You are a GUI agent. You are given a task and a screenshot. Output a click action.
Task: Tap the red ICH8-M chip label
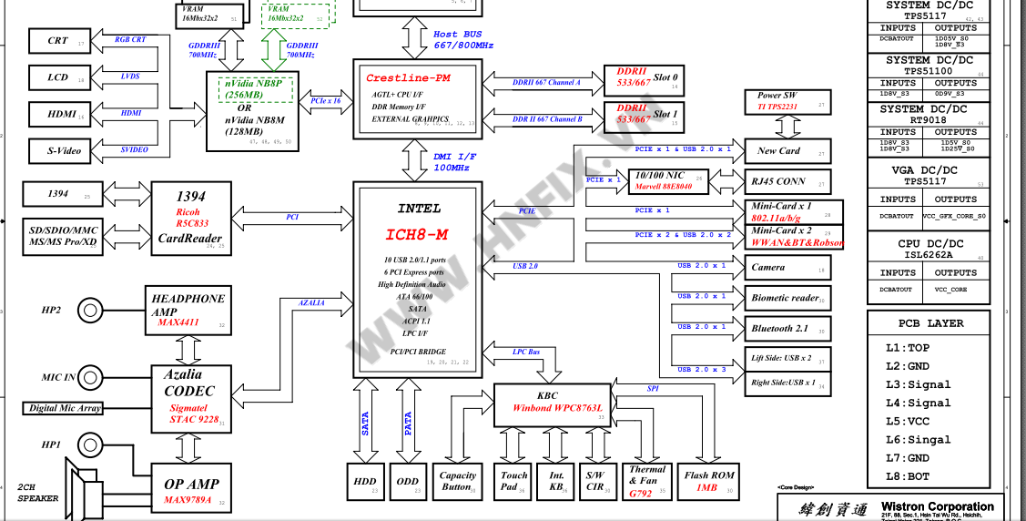click(x=416, y=235)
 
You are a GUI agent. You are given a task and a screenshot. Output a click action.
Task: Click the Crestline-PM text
click(x=408, y=78)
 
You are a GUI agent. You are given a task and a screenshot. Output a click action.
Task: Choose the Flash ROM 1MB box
click(x=709, y=481)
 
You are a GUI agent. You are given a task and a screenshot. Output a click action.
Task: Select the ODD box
click(x=408, y=482)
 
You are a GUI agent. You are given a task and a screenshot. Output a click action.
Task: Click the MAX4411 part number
click(x=178, y=322)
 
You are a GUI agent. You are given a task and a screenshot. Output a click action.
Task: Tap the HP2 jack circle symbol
click(x=89, y=311)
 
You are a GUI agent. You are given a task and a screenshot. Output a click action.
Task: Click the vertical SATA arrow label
click(x=366, y=424)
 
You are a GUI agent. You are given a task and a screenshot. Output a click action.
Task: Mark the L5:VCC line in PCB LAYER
click(x=908, y=422)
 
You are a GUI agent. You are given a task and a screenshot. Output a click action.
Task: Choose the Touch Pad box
click(x=514, y=481)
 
